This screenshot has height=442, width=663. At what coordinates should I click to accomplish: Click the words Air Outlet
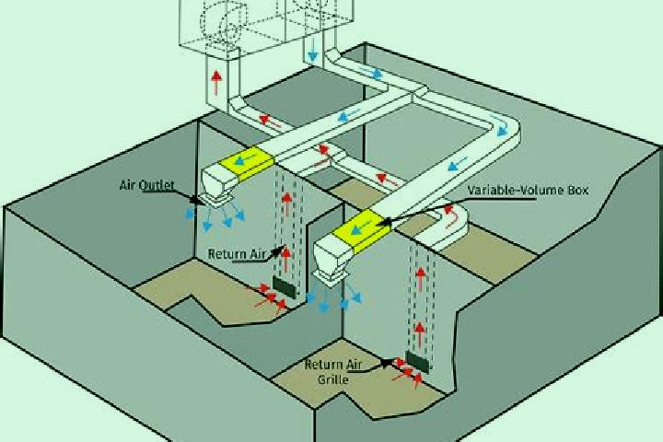click(x=146, y=185)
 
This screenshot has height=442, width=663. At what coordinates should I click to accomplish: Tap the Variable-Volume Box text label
click(x=528, y=191)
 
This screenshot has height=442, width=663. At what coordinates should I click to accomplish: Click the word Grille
click(x=333, y=379)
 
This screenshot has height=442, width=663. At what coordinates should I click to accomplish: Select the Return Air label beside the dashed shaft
click(x=237, y=254)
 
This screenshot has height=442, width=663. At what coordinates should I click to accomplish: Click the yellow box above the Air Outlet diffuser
click(x=246, y=162)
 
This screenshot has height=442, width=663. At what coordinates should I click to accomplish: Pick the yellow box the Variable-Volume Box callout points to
click(x=361, y=230)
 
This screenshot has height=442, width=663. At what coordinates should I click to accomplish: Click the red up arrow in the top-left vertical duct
click(x=216, y=82)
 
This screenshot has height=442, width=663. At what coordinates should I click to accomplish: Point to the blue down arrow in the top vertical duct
click(x=313, y=51)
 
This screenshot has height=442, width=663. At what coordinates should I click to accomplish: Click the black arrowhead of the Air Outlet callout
click(x=194, y=199)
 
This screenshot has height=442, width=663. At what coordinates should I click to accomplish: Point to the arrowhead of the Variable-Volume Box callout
click(x=383, y=222)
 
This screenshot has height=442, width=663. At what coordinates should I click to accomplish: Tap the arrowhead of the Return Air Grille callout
click(x=387, y=362)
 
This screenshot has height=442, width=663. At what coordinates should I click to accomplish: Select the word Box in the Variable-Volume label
click(x=578, y=191)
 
